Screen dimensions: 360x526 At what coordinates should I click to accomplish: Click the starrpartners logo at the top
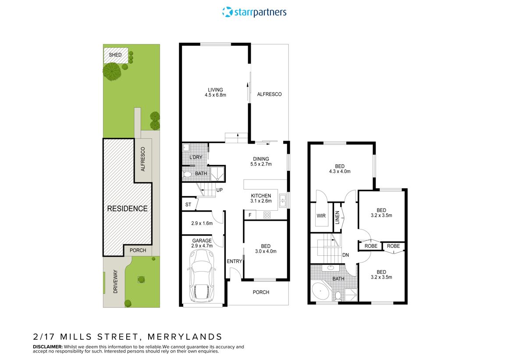pos(254,12)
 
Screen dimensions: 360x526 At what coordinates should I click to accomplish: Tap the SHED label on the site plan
pos(115,55)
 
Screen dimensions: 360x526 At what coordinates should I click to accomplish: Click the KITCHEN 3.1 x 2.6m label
pos(261,198)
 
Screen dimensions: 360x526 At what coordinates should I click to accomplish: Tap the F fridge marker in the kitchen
pos(250,215)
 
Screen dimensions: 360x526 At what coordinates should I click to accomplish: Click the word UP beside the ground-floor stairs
pos(220,190)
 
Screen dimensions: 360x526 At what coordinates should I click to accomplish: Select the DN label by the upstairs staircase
pos(346,255)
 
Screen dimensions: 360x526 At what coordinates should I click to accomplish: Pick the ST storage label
pos(188,204)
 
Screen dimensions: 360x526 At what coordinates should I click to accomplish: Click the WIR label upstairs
pos(321,215)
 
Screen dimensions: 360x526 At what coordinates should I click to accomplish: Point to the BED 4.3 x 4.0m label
pos(340,169)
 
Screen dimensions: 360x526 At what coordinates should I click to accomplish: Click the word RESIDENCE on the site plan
pos(128,208)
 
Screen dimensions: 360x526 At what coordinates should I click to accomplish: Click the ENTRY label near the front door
pos(235,261)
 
